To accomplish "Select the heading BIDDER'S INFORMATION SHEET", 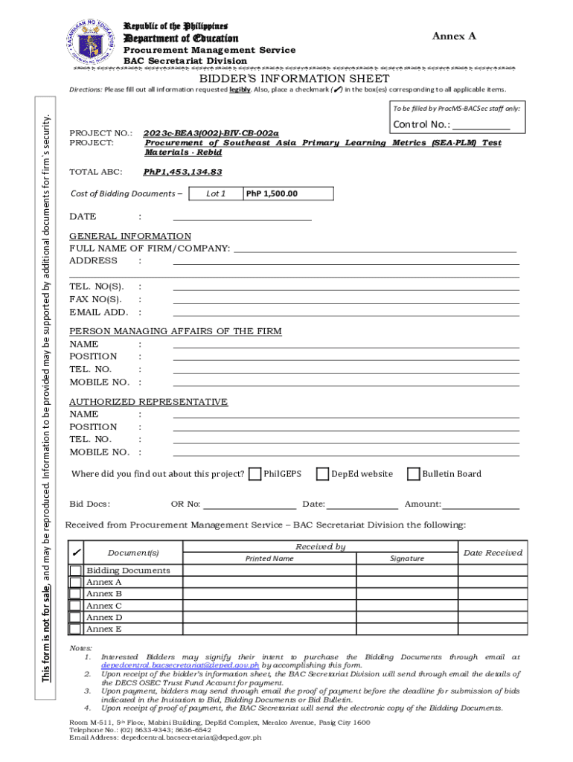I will (x=293, y=78).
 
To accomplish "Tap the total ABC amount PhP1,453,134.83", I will (x=182, y=172).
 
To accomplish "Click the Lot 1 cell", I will (x=215, y=193).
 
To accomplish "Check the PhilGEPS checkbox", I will (x=255, y=474).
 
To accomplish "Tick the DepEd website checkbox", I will (x=322, y=474).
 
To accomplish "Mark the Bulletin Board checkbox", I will (x=414, y=474).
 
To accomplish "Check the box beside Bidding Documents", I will (x=75, y=571).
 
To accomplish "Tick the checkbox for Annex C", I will (x=75, y=606).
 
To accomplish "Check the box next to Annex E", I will (x=75, y=629).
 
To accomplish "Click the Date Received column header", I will (x=493, y=552).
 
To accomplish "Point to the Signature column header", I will (x=407, y=558).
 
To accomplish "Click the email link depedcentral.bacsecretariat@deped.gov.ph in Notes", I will (x=181, y=665).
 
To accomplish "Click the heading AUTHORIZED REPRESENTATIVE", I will (x=148, y=402).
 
